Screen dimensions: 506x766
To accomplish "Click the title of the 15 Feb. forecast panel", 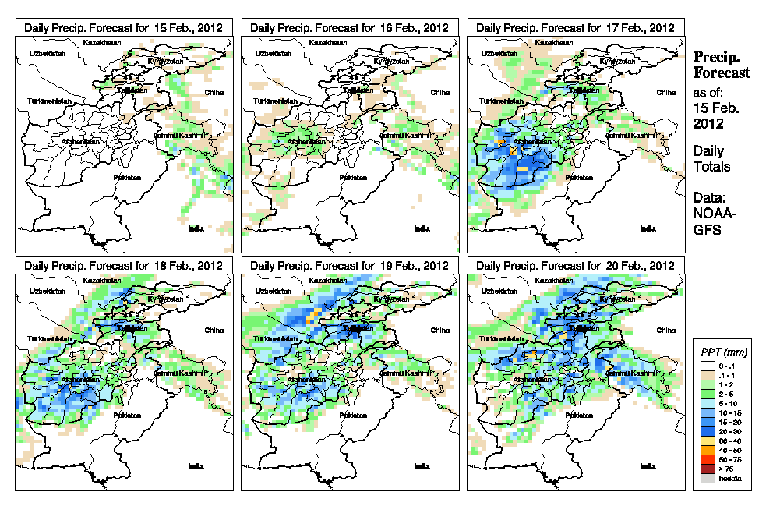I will click(124, 27).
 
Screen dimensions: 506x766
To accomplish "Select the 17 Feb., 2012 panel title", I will click(575, 27).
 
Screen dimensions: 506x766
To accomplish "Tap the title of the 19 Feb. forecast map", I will click(350, 266).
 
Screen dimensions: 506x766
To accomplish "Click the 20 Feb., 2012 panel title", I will click(575, 266).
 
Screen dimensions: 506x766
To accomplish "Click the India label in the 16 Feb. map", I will click(422, 228).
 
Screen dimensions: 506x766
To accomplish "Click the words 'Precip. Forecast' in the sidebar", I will click(722, 65).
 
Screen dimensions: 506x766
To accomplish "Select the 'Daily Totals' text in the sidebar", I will click(711, 159).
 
